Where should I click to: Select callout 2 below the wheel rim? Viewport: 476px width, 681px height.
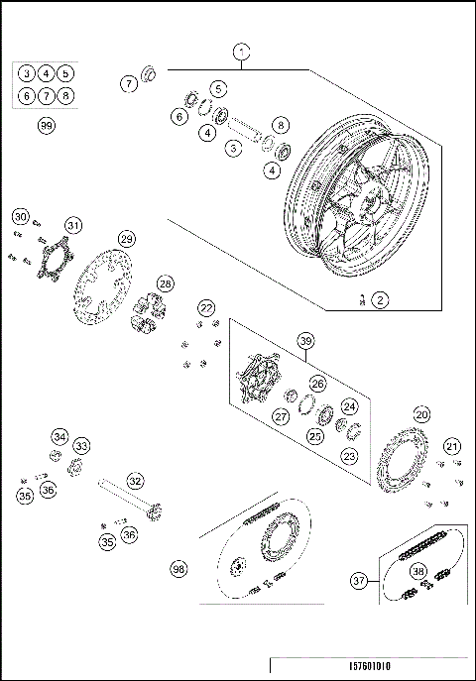point(381,298)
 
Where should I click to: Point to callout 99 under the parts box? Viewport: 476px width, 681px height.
point(46,126)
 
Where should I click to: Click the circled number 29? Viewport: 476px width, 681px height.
point(126,239)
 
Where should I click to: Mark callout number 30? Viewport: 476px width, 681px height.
point(21,216)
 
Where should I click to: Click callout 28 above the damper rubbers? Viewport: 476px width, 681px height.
point(165,284)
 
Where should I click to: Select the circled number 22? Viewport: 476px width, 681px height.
point(205,308)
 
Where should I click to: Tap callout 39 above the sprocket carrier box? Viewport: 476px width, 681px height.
point(305,342)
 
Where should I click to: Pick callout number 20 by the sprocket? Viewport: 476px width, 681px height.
point(421,413)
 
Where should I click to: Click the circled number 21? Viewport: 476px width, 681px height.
point(452,446)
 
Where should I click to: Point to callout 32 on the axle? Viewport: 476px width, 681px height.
point(136,481)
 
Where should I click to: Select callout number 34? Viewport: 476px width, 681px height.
point(59,437)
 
